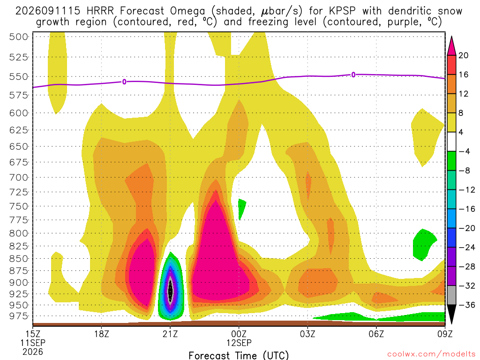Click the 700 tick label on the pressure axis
(19, 177)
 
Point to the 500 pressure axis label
(19, 37)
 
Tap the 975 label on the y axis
(19, 316)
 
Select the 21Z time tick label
(170, 334)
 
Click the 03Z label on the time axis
(307, 334)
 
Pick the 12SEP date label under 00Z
(239, 343)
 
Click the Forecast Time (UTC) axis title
(239, 355)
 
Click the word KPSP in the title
(342, 11)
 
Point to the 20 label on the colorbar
(463, 55)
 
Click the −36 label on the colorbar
(467, 305)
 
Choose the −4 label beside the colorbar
(464, 151)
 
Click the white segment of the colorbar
(451, 142)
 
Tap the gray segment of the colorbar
(451, 295)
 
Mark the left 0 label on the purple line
(124, 82)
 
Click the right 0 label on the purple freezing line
(353, 75)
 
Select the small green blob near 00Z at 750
(241, 208)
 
